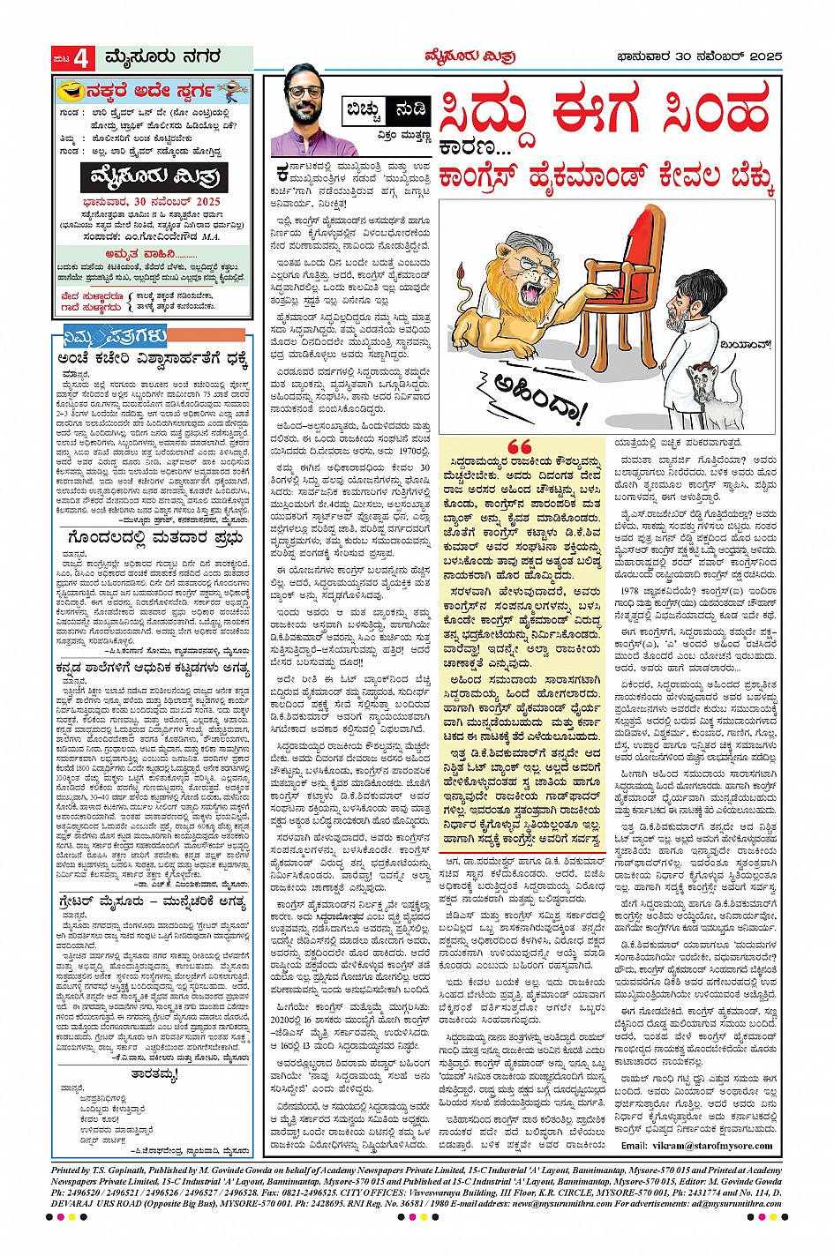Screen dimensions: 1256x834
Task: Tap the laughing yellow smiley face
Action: coord(66,91)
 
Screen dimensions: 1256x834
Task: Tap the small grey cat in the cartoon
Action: coord(712,396)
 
